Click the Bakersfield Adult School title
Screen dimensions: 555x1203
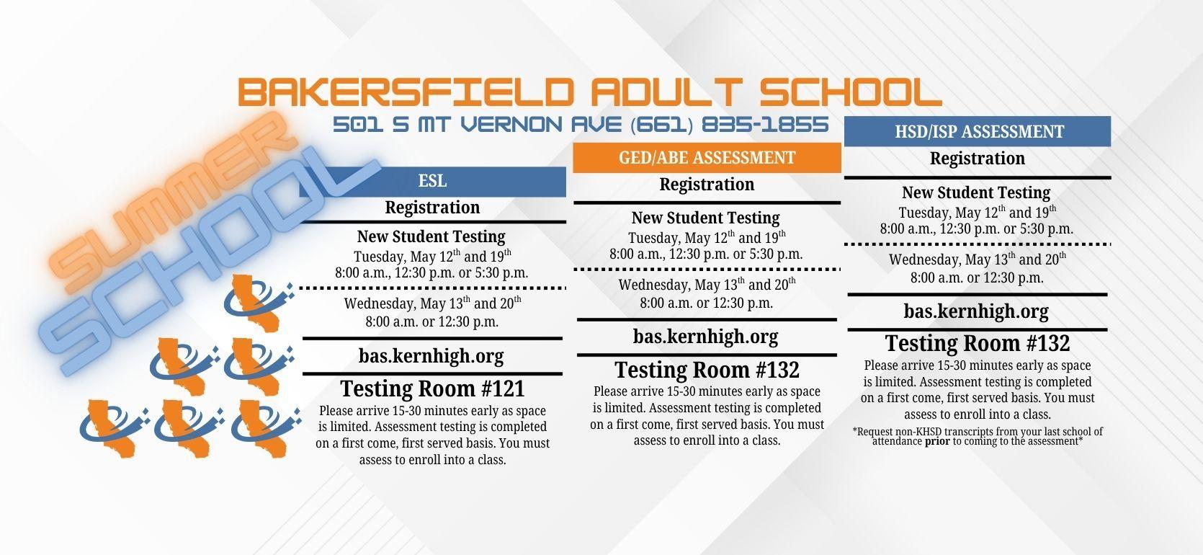[589, 92]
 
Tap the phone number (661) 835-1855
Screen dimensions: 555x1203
[729, 125]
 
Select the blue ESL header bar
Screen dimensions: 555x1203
[432, 181]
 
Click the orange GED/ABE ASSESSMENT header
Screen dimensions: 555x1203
[707, 158]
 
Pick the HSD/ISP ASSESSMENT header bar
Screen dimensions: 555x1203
[978, 132]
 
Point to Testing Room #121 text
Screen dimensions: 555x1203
[432, 388]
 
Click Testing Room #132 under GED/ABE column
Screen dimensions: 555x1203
[707, 370]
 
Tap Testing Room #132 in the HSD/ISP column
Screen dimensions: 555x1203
[977, 342]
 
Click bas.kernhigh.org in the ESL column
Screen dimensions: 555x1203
[431, 356]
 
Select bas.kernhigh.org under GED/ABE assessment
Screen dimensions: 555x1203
[705, 337]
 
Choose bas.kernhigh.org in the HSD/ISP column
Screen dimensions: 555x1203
[976, 311]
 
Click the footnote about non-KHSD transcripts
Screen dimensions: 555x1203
[978, 436]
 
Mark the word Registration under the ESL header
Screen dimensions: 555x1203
[432, 208]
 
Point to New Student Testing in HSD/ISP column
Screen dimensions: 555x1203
[976, 192]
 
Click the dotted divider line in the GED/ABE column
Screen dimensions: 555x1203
[707, 270]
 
